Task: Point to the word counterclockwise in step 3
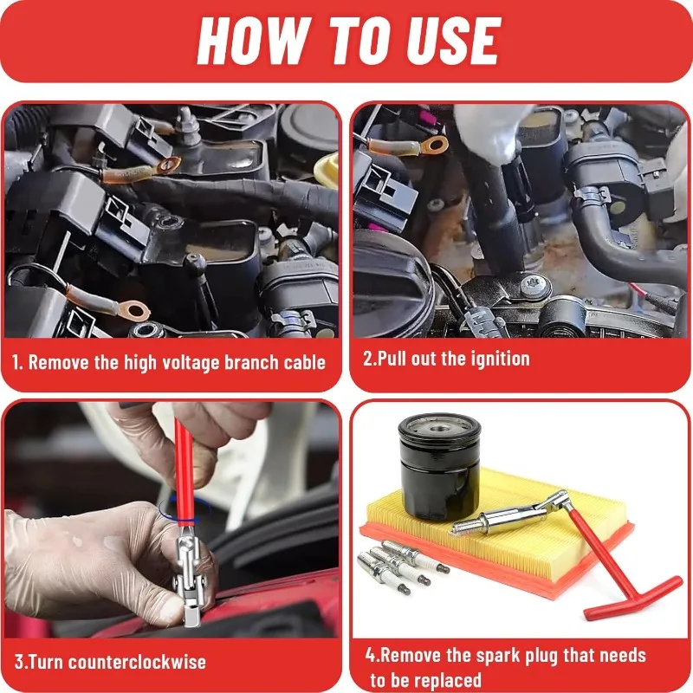(x=137, y=662)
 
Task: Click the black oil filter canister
(x=439, y=467)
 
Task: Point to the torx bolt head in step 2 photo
(x=535, y=286)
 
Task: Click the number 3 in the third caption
(x=19, y=662)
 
